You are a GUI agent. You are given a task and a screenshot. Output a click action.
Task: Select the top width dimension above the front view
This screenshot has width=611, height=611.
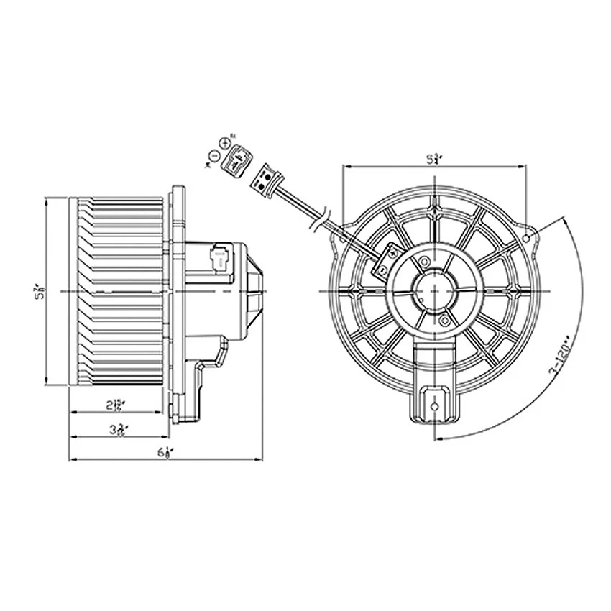(x=433, y=160)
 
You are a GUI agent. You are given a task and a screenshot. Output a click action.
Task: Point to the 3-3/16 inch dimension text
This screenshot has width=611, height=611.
(x=119, y=430)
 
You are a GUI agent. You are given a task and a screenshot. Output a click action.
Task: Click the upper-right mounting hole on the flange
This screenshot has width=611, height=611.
(x=528, y=237)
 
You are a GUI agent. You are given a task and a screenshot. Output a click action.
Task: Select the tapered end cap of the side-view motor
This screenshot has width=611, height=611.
(x=255, y=291)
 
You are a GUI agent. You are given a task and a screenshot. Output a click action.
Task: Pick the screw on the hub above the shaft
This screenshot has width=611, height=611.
(x=424, y=262)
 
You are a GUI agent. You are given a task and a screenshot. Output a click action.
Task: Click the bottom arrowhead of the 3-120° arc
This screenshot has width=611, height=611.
(x=437, y=438)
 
